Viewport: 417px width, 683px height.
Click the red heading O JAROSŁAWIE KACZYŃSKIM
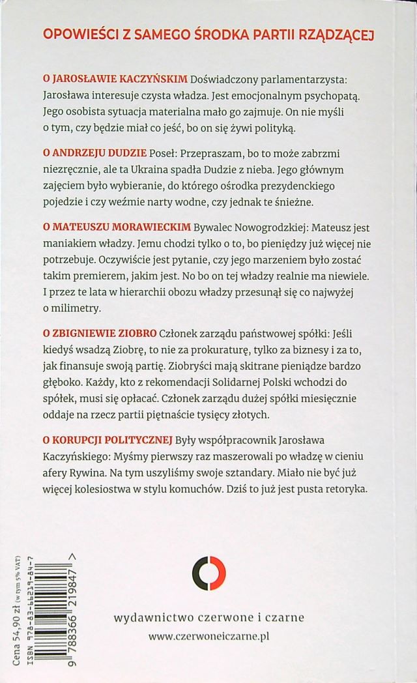[115, 80]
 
